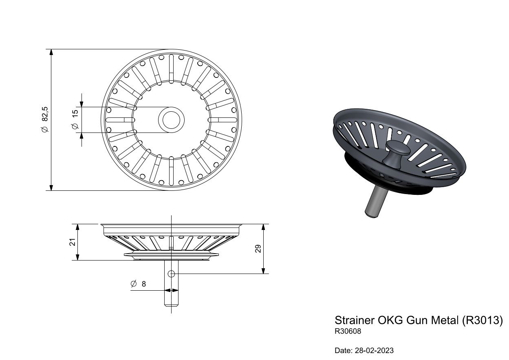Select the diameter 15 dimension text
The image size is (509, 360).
(75, 119)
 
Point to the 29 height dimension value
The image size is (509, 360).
(258, 249)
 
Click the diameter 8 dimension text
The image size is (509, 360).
(139, 284)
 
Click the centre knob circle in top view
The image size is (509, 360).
(171, 119)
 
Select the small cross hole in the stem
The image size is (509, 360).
(171, 274)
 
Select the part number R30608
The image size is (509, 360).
(348, 331)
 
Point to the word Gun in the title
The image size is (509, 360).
(417, 320)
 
